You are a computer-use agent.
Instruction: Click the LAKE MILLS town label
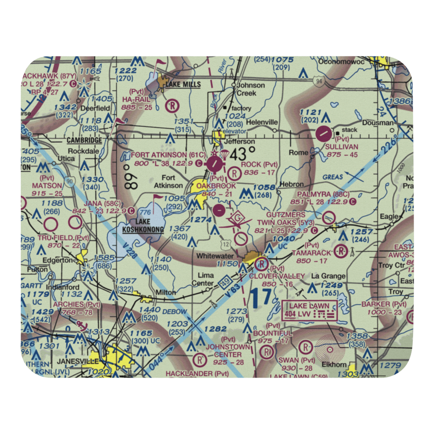(183, 84)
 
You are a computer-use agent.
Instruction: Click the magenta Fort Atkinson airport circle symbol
(214, 164)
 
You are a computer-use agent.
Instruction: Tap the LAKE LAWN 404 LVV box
(310, 310)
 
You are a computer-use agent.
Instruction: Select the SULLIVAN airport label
(342, 147)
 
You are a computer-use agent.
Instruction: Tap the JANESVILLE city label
(77, 362)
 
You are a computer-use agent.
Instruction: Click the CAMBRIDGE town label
(84, 140)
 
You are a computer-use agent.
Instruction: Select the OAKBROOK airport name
(216, 186)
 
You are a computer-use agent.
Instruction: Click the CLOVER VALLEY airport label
(276, 276)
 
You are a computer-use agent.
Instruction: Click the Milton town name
(166, 292)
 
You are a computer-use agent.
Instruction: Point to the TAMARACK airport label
(312, 253)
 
